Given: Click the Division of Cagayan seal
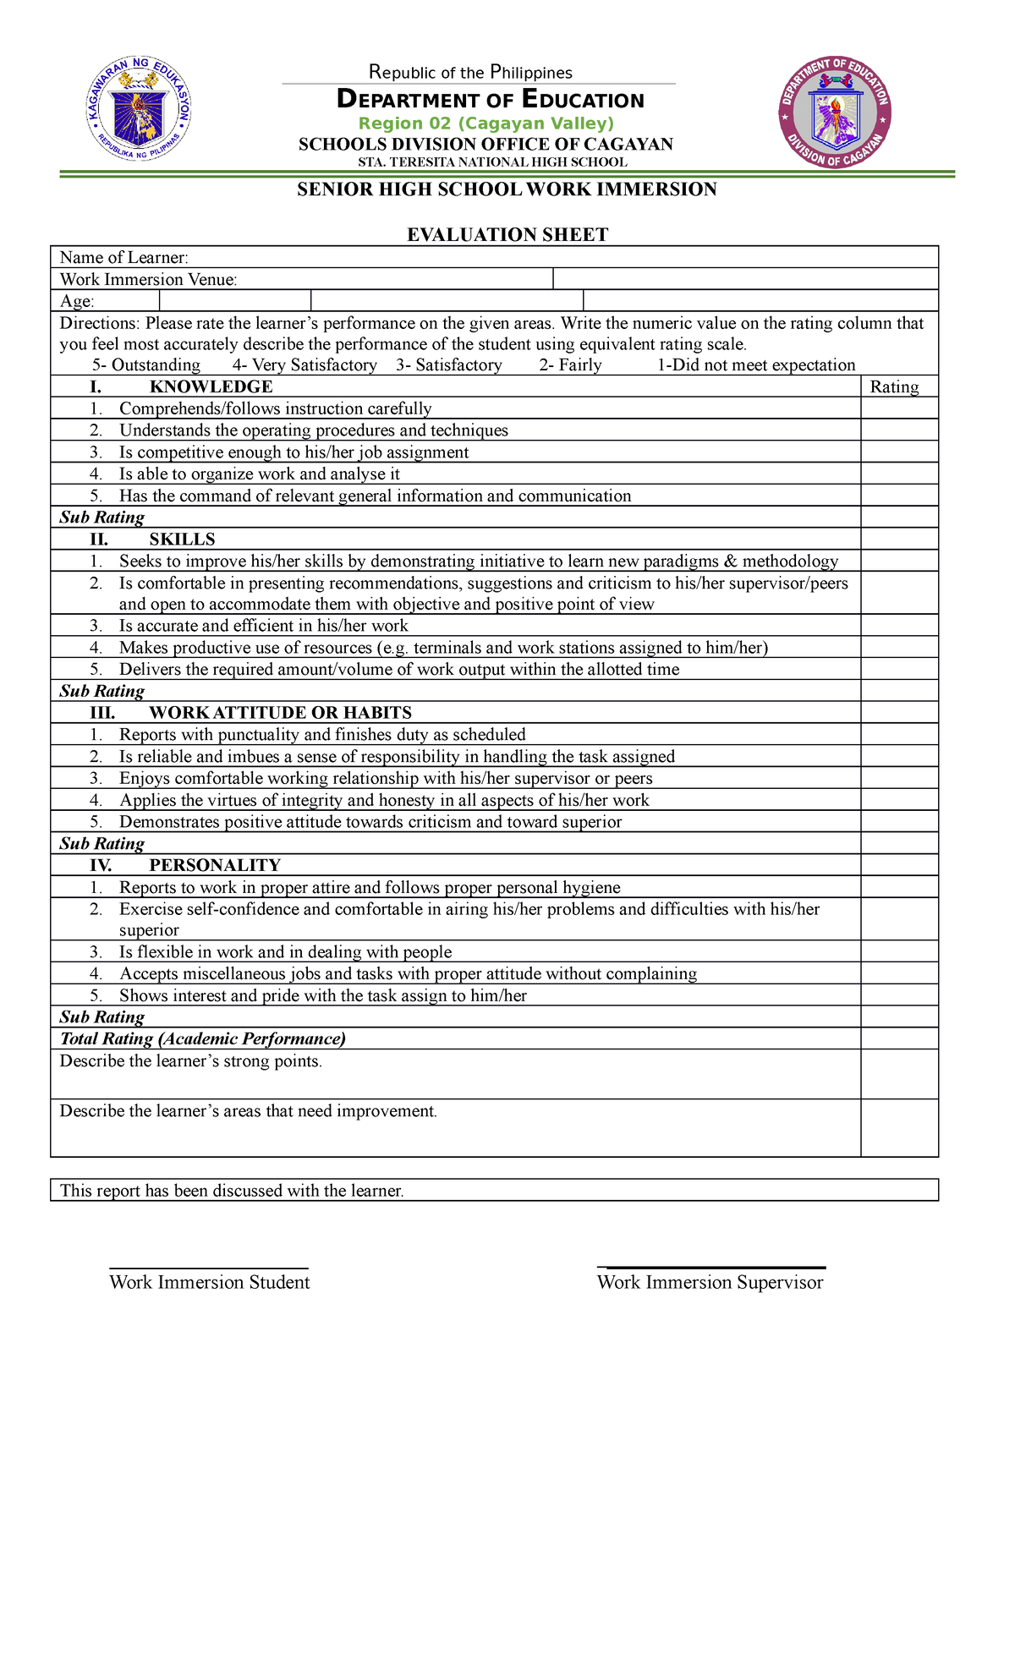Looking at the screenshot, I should pos(835,112).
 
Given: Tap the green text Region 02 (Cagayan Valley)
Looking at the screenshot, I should pos(486,123).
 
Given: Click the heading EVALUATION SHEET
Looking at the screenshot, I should pos(507,234).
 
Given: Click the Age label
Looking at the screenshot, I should pos(77,301).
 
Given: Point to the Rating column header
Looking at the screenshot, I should pos(894,386).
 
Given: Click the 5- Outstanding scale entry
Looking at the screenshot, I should pos(146,364).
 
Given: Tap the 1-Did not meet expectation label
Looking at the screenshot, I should pos(756,364).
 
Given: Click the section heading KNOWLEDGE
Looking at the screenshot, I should pos(211,386).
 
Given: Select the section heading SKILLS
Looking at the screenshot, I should pos(182,539).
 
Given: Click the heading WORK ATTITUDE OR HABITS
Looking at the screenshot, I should pos(280,712).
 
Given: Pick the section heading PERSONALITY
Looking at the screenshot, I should pos(214,865).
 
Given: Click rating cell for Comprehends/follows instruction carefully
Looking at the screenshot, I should pos(899,408).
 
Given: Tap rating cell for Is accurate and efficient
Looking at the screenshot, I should pos(899,626).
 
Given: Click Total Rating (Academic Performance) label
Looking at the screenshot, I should pos(203,1038).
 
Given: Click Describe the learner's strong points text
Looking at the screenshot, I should pos(191,1061).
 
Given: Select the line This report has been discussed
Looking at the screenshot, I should pos(232,1191).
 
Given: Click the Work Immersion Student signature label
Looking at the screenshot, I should pos(209,1282).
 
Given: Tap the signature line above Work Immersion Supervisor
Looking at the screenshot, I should pos(710,1267).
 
